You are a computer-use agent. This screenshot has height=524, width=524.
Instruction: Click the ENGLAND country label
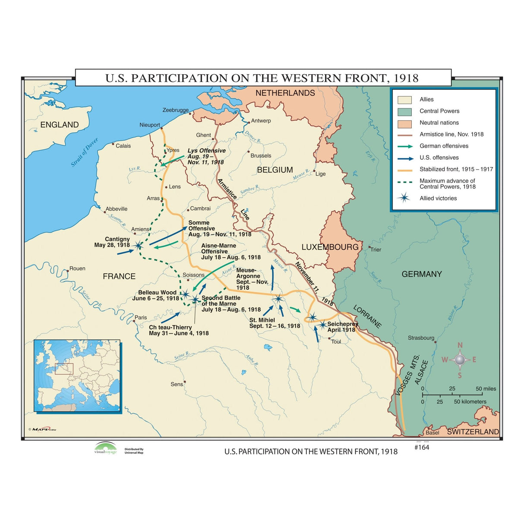click(x=60, y=125)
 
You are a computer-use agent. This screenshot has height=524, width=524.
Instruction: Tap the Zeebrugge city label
click(x=175, y=110)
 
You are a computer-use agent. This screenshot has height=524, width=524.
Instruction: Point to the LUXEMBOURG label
click(x=330, y=247)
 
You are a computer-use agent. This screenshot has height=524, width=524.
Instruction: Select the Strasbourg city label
click(x=421, y=338)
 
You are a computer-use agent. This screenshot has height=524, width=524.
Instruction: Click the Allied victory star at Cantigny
click(x=138, y=246)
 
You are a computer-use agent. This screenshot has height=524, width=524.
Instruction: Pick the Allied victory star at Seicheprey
click(x=322, y=325)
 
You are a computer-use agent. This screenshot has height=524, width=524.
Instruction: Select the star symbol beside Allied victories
click(x=404, y=198)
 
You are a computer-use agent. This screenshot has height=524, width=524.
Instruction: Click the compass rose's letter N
click(x=460, y=345)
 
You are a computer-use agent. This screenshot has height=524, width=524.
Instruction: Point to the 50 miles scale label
click(x=486, y=388)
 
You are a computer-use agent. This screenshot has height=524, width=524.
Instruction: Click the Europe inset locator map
click(x=77, y=376)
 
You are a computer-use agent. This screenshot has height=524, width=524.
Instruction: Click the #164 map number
click(x=422, y=448)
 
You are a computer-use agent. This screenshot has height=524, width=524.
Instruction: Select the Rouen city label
click(x=77, y=268)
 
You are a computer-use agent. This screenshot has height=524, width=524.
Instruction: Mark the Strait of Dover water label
click(x=85, y=152)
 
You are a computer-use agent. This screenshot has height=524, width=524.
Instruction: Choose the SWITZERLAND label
click(x=473, y=432)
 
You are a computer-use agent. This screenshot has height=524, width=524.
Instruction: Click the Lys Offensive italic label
click(x=206, y=151)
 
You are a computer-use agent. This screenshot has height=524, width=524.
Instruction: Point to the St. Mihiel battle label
click(x=262, y=320)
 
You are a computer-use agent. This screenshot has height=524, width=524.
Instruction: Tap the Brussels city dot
click(x=249, y=152)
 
